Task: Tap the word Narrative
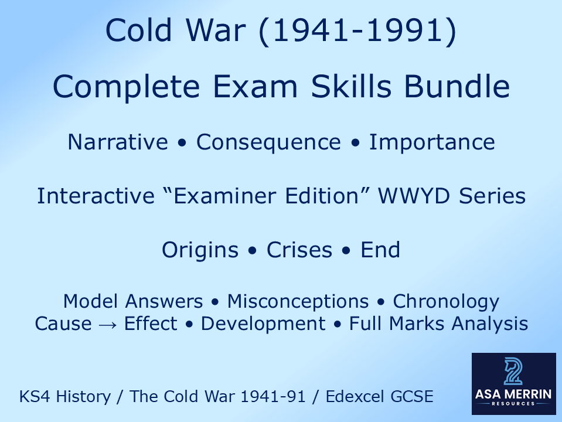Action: point(117,142)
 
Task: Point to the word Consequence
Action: point(268,142)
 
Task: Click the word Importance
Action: point(431,142)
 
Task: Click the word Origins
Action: point(200,250)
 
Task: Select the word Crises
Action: point(299,250)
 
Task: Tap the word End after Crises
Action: point(380,250)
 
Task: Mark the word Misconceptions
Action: point(298,302)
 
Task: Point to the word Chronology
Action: point(446,302)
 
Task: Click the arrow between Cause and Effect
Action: point(108,324)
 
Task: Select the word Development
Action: point(263,324)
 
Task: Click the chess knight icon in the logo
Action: point(513,372)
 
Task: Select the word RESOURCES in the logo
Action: point(513,404)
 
